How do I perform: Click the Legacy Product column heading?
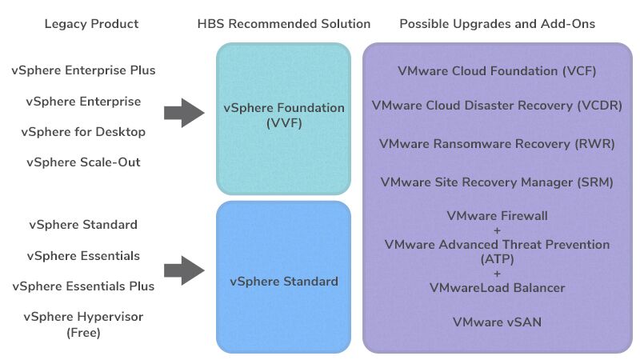(91, 24)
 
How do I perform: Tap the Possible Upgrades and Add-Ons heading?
(497, 24)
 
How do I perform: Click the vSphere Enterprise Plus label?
(83, 70)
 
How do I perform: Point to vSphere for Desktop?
(83, 132)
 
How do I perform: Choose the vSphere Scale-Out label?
(83, 162)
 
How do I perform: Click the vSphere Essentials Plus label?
(83, 286)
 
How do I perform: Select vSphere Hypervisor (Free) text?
(83, 324)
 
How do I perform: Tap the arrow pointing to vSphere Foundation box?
(184, 113)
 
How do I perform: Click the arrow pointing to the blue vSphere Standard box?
(184, 270)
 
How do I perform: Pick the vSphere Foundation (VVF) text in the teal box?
(283, 115)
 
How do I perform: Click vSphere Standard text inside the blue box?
(283, 282)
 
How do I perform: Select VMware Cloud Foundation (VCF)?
(497, 71)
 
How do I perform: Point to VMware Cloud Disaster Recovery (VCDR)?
(497, 106)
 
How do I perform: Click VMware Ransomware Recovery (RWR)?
(497, 144)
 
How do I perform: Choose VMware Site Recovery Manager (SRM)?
(497, 182)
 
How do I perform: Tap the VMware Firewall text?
(497, 216)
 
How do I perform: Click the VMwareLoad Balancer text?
(497, 288)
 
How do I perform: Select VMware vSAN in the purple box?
(497, 322)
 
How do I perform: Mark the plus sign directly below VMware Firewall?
(497, 230)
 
